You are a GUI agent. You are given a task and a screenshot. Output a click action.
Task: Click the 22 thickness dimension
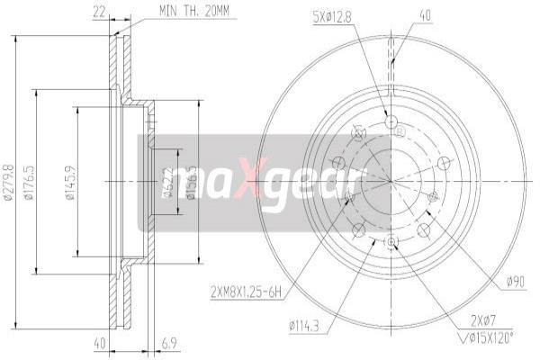(98, 12)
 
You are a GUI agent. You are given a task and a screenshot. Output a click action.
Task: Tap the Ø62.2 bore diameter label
(168, 184)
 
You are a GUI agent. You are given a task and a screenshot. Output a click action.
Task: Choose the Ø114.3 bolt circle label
(306, 325)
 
